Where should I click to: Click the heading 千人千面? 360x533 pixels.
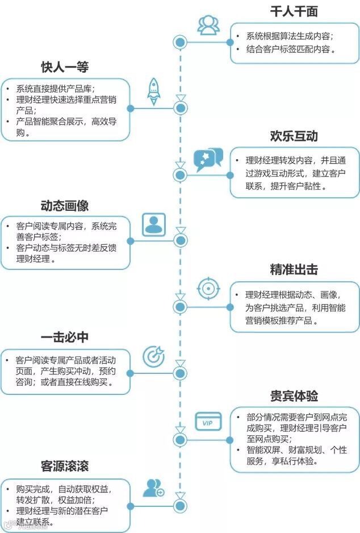(x=294, y=12)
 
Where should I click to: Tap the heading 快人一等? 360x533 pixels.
(x=65, y=67)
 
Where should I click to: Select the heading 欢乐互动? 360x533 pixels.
(x=294, y=136)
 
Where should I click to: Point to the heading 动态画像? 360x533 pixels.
(x=65, y=205)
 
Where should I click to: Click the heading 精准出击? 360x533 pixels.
(x=294, y=269)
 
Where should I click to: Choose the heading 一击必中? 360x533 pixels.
(x=65, y=337)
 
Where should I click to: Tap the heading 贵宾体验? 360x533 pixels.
(x=294, y=395)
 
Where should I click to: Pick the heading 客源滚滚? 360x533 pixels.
(x=65, y=467)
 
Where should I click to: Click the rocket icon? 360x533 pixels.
(x=153, y=91)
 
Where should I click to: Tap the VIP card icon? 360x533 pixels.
(x=208, y=421)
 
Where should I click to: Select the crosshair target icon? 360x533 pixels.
(x=208, y=289)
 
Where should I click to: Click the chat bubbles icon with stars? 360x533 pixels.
(x=208, y=160)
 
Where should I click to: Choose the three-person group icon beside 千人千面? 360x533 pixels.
(x=208, y=24)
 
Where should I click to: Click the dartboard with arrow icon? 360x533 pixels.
(x=153, y=356)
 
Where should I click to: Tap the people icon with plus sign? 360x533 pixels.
(x=153, y=488)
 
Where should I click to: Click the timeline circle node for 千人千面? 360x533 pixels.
(x=181, y=41)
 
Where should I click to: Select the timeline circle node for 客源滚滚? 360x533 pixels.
(x=181, y=504)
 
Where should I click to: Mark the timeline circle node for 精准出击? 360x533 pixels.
(x=181, y=307)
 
